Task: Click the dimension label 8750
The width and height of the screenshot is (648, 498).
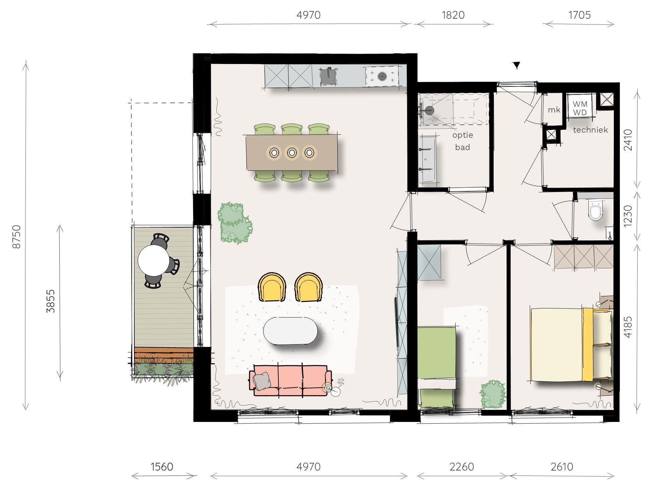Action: (x=16, y=237)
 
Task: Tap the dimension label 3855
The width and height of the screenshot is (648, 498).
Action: (x=50, y=301)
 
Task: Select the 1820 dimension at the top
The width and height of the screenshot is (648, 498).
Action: (x=453, y=15)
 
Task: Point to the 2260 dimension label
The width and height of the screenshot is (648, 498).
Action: (x=461, y=467)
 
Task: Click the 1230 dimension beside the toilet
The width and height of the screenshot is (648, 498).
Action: (x=628, y=216)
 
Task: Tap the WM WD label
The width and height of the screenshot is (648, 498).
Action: (x=580, y=108)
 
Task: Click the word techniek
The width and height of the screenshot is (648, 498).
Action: (x=590, y=130)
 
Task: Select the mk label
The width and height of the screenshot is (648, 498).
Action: (x=554, y=110)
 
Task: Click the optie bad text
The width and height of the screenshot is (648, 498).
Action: (x=462, y=141)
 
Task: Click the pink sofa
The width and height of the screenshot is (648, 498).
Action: (x=290, y=380)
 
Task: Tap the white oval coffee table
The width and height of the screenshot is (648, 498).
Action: (x=290, y=331)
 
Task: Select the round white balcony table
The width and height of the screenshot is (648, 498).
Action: (x=154, y=260)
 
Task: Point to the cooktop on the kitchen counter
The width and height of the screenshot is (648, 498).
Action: (x=382, y=76)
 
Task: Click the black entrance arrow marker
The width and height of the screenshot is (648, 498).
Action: (x=517, y=65)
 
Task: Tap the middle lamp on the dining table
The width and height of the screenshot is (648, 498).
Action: (x=291, y=153)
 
